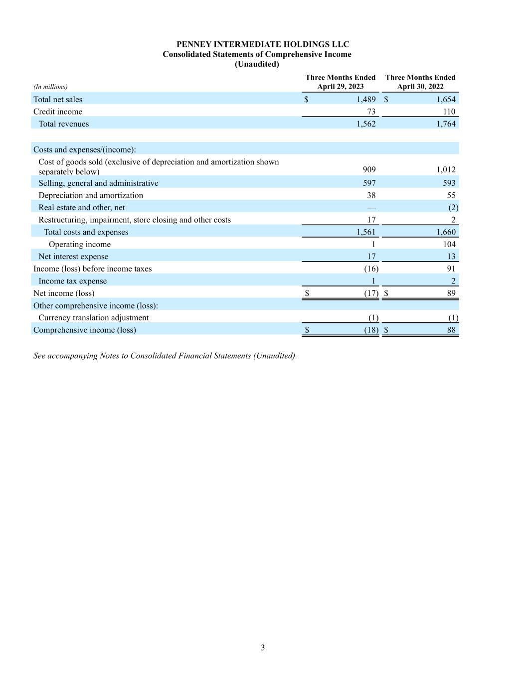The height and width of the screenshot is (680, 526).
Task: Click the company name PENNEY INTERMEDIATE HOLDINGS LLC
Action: point(263,44)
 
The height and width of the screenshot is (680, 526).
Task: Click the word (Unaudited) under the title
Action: point(257,64)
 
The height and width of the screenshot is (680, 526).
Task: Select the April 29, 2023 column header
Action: point(341,82)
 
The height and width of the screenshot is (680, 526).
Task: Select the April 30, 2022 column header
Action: point(420,82)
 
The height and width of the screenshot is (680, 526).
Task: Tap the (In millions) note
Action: point(50,87)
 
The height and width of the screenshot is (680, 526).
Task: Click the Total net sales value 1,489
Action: point(366,100)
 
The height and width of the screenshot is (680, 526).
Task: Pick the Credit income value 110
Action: point(449,112)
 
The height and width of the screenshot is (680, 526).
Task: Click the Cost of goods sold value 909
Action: point(369,169)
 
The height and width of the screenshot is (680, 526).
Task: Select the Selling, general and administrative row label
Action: point(98,183)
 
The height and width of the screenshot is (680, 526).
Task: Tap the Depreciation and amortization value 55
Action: point(451,196)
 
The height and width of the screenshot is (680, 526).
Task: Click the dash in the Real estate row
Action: point(371,208)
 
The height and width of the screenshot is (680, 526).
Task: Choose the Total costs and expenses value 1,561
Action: point(366,232)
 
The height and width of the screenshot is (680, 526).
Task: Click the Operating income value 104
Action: point(449,244)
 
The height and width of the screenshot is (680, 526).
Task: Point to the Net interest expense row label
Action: point(73,257)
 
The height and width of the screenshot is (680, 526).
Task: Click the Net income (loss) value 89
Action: point(451,293)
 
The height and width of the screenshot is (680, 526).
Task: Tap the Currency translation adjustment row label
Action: point(93,318)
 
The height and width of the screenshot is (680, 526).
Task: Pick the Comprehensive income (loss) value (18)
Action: point(371,330)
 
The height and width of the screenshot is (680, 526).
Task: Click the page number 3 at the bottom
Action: point(263,648)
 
